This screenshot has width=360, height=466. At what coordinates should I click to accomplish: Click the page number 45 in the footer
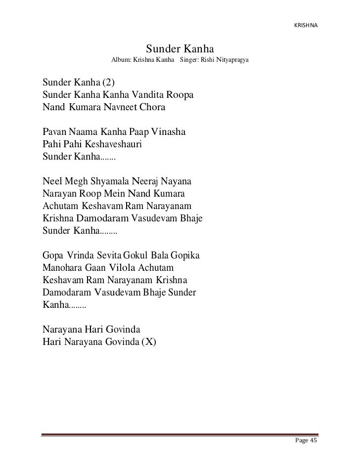(x=313, y=441)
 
